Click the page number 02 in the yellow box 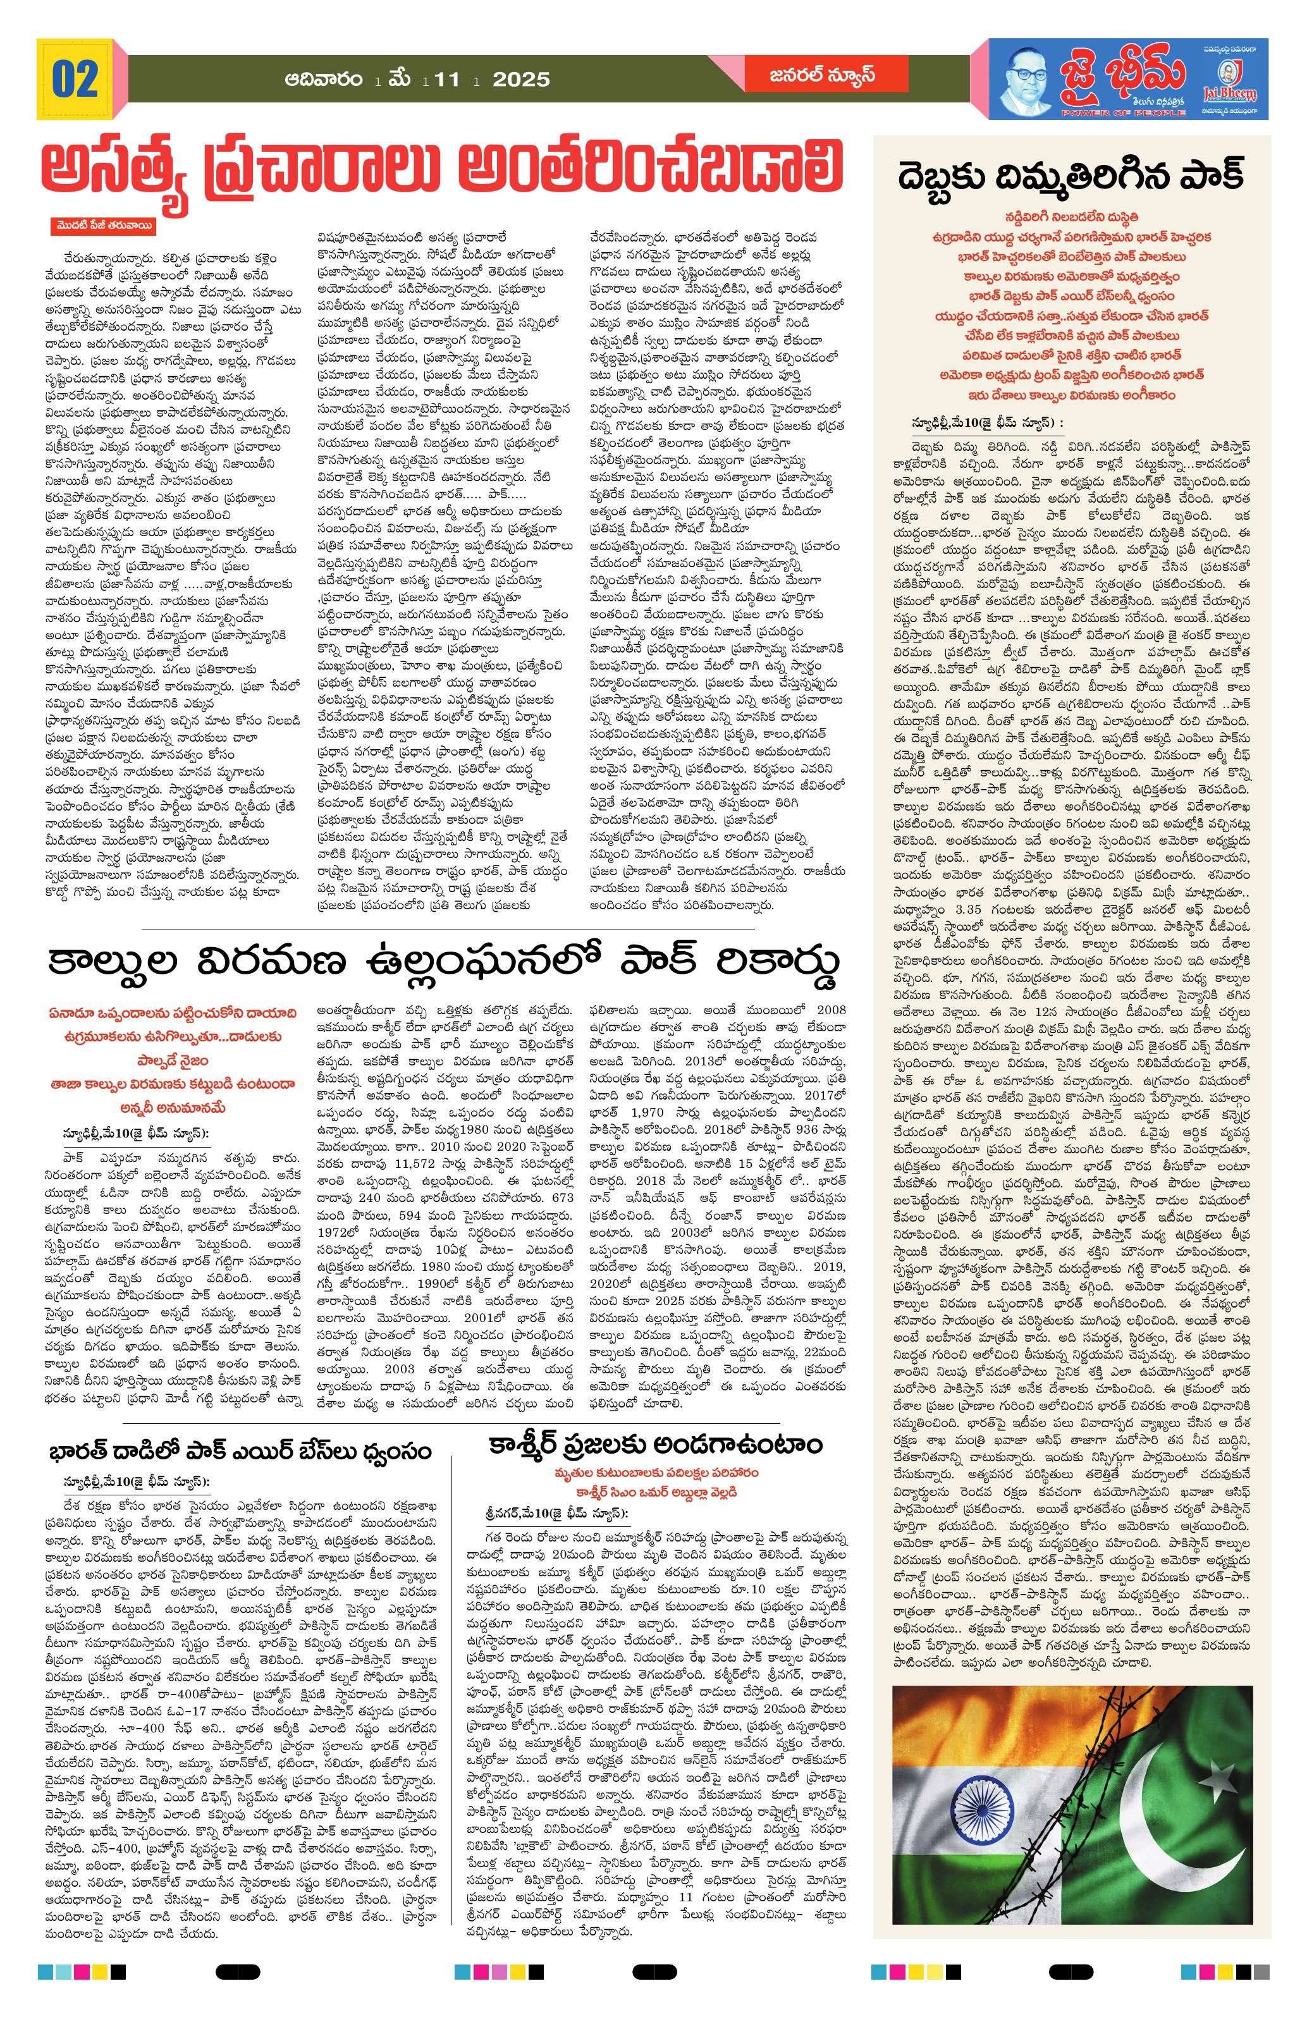[75, 79]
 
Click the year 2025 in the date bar [520, 80]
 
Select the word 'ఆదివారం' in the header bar [327, 79]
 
